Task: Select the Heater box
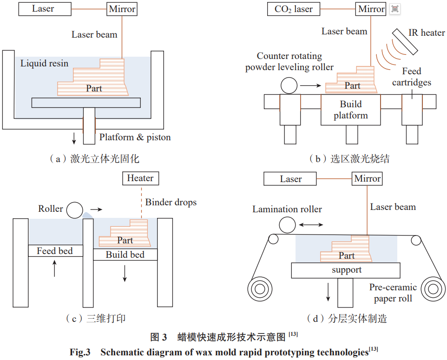[x=140, y=178]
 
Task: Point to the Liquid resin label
[x=44, y=63]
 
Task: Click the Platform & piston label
[x=135, y=137]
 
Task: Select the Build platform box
[x=351, y=110]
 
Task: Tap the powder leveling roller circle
[x=289, y=85]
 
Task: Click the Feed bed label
[x=55, y=251]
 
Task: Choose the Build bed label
[x=125, y=255]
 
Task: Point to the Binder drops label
[x=171, y=203]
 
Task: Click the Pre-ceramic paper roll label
[x=393, y=293]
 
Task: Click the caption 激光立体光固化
[x=95, y=159]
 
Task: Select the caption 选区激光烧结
[x=349, y=159]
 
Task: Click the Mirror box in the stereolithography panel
[x=122, y=9]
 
